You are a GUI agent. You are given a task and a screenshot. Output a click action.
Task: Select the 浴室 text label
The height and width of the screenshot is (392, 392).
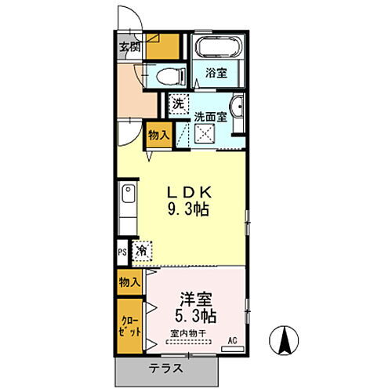(x=217, y=74)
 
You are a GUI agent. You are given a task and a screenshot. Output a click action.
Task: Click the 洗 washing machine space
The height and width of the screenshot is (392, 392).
(x=179, y=103)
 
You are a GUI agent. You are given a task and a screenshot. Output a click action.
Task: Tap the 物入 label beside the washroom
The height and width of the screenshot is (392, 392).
(x=159, y=135)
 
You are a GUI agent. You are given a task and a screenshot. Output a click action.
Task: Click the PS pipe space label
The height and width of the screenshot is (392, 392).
(x=122, y=252)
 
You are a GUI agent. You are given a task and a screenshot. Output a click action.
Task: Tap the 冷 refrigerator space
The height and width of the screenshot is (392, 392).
(x=142, y=252)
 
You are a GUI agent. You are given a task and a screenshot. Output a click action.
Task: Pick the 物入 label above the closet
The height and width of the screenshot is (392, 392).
(x=129, y=281)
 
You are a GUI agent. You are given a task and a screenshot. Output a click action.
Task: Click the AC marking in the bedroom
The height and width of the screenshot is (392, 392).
(x=232, y=339)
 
